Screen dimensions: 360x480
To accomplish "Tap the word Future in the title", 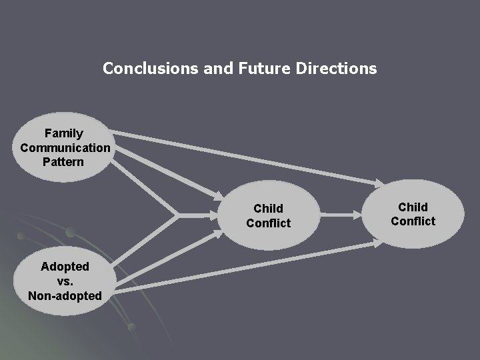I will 259,68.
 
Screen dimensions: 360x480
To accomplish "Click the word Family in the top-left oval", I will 64,133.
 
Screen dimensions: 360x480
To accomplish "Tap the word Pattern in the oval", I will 64,161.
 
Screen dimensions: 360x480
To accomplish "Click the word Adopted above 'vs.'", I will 65,267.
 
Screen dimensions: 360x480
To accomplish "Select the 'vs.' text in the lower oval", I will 65,281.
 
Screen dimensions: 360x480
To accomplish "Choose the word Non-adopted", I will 65,295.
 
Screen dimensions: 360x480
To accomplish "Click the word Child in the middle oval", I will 268,209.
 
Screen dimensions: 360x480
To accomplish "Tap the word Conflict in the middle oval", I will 268,223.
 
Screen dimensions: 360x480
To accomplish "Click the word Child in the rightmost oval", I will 413,207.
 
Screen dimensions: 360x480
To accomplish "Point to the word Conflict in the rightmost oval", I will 413,221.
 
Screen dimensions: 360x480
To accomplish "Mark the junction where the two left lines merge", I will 177,215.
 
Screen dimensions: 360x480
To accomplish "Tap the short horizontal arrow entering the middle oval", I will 200,215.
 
